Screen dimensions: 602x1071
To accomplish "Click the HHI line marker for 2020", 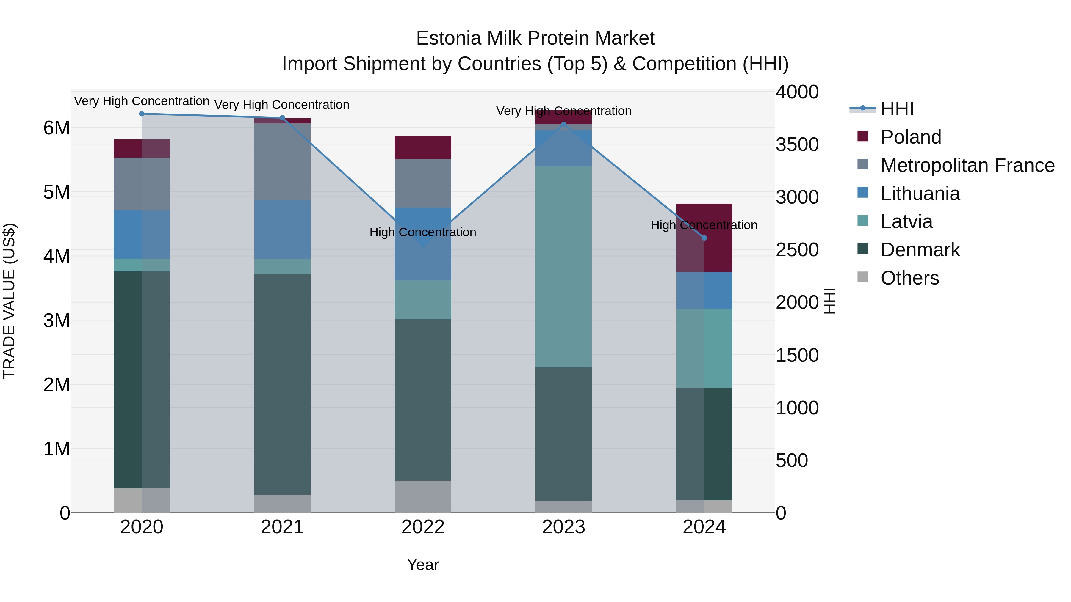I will coord(142,114).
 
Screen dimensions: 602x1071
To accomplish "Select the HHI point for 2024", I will coord(704,238).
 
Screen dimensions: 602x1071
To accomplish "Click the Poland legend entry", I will coord(911,137).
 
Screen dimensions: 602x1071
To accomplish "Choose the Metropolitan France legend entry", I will coord(967,165).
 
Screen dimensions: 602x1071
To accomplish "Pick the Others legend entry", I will coord(910,278).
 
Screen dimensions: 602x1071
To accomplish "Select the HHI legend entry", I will coord(897,109).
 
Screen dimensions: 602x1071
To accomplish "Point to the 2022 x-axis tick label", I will coord(423,527).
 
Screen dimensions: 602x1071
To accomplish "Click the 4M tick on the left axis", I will coord(57,256).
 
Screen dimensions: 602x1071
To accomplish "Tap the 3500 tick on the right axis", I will coord(797,144).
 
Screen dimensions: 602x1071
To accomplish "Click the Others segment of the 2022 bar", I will coord(423,496).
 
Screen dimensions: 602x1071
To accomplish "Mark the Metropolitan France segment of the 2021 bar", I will coord(282,162).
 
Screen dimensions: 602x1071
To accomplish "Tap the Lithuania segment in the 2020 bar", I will coord(142,235).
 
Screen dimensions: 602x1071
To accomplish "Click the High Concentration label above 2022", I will coord(423,232).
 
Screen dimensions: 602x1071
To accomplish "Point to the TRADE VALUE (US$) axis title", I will coord(9,301).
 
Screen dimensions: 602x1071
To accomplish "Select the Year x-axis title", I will coord(423,565).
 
